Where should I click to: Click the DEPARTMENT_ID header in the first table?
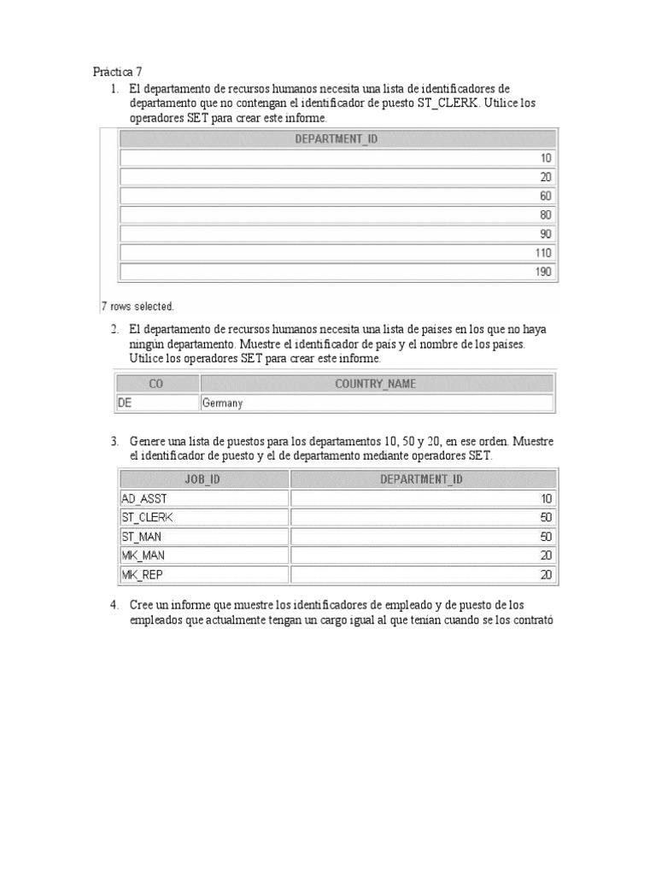point(336,139)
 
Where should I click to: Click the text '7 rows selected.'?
point(138,306)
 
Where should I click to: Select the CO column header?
point(156,384)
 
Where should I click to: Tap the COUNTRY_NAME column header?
point(376,384)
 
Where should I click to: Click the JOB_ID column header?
point(202,479)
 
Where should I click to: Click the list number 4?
point(114,605)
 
